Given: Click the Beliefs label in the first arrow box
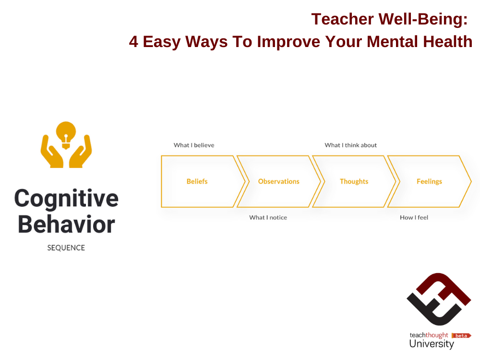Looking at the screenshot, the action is pos(197,181).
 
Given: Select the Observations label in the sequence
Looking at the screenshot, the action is pos(278,181).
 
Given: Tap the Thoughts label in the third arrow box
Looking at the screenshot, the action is pos(354,181).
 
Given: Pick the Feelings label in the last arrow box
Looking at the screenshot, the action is pos(429,181).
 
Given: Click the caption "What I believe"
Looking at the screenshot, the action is pos(194,145).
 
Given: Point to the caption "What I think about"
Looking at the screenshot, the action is pos(350,145).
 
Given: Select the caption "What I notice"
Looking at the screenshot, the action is pos(268,217).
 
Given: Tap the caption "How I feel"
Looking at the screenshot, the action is pos(414,217).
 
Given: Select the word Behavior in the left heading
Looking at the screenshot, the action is pos(66,224).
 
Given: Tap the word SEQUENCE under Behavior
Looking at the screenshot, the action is pos(66,248).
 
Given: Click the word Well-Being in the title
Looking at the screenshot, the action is pos(423,19).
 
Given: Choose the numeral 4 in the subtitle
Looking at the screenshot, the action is pos(133,41).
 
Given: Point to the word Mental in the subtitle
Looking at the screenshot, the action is pos(392,41).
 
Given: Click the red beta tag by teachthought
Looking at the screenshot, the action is pos(461,336).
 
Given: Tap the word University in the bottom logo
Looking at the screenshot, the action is pos(432,344).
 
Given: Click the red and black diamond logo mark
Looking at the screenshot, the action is pos(439,300).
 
